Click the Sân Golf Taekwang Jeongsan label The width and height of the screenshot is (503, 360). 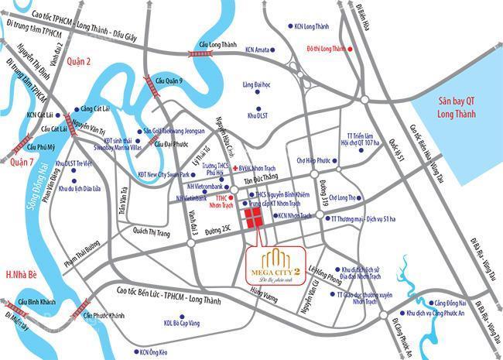pyautogui.click(x=173, y=132)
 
